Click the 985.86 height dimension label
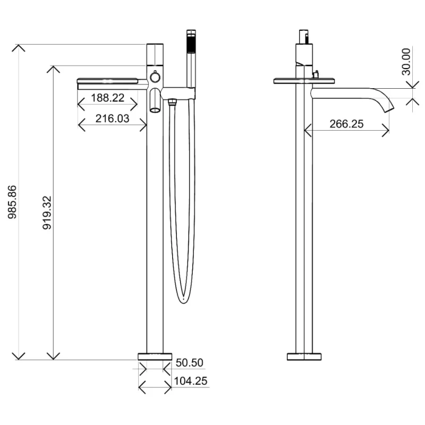pyautogui.click(x=12, y=202)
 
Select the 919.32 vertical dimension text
pyautogui.click(x=47, y=213)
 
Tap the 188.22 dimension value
pyautogui.click(x=107, y=98)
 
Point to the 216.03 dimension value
pyautogui.click(x=112, y=118)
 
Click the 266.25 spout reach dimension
pyautogui.click(x=346, y=124)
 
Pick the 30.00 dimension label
pyautogui.click(x=406, y=62)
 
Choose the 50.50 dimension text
pyautogui.click(x=190, y=363)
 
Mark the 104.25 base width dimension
pyautogui.click(x=191, y=381)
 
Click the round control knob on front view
pyautogui.click(x=155, y=77)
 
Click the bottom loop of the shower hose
pyautogui.click(x=183, y=297)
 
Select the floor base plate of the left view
pyautogui.click(x=155, y=356)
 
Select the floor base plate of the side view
pyautogui.click(x=304, y=356)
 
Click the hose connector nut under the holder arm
pyautogui.click(x=172, y=102)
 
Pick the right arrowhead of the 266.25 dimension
pyautogui.click(x=386, y=130)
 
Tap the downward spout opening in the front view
pyautogui.click(x=155, y=109)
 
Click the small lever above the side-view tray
pyautogui.click(x=316, y=74)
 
